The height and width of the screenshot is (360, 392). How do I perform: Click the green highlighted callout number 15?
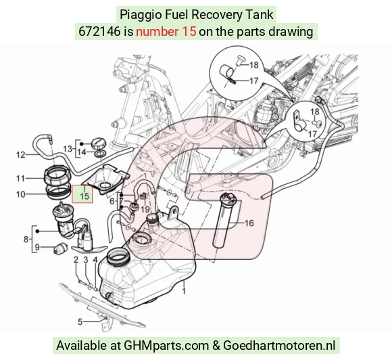pos(84,196)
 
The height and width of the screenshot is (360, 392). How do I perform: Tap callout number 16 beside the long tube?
pos(249,223)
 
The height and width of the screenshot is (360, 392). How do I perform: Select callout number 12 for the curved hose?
pos(21,155)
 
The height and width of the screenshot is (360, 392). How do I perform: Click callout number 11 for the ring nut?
pos(20,179)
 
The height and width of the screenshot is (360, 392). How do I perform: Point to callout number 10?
pos(21,194)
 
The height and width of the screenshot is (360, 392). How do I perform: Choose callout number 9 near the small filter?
pos(37,248)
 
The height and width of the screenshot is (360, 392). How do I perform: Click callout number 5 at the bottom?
pos(80,321)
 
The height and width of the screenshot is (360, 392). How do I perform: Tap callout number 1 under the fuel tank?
pos(184,291)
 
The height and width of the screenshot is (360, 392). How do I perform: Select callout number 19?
pos(145,209)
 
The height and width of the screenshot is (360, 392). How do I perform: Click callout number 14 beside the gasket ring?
pos(82,152)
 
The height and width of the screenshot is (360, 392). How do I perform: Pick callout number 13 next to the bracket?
pos(68,149)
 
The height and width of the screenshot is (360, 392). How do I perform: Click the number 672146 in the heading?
pos(99,32)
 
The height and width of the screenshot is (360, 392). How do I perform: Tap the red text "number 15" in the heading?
pos(166,32)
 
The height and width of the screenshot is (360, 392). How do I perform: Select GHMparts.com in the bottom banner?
pos(166,346)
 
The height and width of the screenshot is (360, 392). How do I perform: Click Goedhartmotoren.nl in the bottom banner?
pos(279,346)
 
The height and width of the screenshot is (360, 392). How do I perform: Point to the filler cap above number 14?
pos(99,143)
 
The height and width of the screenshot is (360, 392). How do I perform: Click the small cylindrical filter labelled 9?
pos(61,248)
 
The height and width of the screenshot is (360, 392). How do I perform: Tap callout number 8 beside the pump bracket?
pos(26,240)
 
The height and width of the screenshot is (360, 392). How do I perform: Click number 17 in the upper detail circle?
pos(253,81)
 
